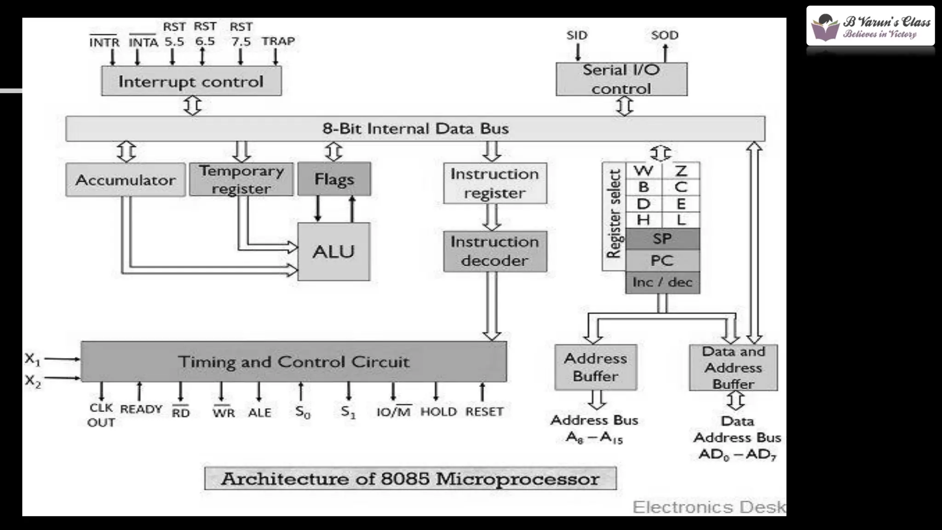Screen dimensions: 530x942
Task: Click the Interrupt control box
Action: pos(191,81)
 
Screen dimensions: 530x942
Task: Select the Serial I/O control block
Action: pos(621,79)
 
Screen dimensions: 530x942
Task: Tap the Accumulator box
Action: pos(126,180)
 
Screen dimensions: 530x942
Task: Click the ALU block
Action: pos(333,252)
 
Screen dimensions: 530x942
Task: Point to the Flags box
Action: pos(334,179)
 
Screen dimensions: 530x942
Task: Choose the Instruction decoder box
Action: pos(495,251)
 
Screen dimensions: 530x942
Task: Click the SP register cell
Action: pos(662,239)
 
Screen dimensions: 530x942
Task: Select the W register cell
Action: pos(643,171)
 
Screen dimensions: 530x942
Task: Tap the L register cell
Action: pos(681,220)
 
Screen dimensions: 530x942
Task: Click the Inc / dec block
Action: pos(662,282)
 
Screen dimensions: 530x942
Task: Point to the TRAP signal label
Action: pos(278,41)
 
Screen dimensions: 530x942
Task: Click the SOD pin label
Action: pos(665,35)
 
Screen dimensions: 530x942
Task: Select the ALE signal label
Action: pos(259,413)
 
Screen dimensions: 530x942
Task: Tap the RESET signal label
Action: pos(484,412)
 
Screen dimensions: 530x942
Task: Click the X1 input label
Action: pos(33,359)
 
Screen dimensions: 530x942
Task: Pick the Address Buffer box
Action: pos(596,367)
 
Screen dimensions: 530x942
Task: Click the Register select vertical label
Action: pos(614,214)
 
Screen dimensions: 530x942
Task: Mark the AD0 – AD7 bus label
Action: pos(737,455)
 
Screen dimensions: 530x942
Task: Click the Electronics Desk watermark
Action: pos(708,507)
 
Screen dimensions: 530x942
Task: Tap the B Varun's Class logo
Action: pos(870,26)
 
